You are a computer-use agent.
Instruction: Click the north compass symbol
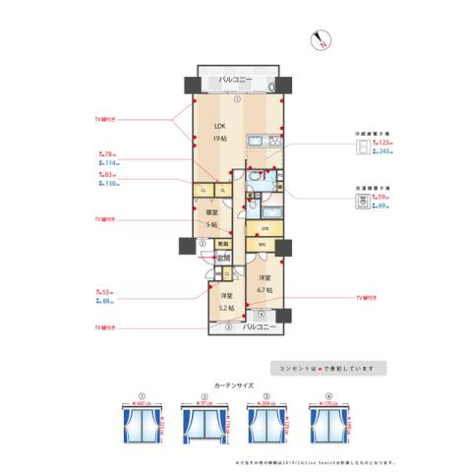323,40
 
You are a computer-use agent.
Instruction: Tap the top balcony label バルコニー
235,78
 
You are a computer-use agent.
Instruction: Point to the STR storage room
264,228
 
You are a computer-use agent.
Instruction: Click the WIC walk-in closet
263,244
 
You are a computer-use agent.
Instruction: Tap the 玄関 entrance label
224,258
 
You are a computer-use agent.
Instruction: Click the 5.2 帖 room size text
226,302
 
